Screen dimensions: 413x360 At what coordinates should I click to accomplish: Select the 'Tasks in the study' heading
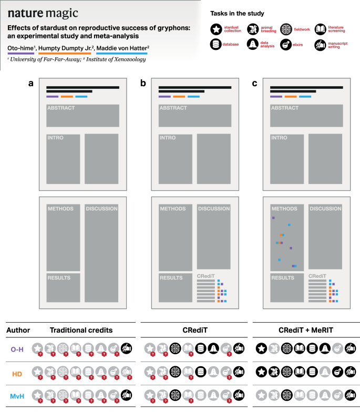pyautogui.click(x=237, y=13)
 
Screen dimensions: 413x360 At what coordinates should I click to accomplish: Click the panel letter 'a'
pyautogui.click(x=32, y=84)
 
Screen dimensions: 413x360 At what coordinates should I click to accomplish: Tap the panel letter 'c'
pyautogui.click(x=255, y=84)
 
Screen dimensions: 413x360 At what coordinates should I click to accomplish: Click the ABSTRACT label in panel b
pyautogui.click(x=173, y=108)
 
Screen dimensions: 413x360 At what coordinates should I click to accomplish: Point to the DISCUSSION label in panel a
pyautogui.click(x=102, y=209)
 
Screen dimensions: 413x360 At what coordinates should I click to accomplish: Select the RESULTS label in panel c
pyautogui.click(x=283, y=277)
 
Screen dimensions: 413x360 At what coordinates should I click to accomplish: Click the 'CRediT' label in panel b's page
pyautogui.click(x=205, y=276)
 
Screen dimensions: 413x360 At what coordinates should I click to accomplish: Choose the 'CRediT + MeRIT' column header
pyautogui.click(x=306, y=331)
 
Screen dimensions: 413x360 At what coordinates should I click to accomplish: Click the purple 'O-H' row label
pyautogui.click(x=17, y=348)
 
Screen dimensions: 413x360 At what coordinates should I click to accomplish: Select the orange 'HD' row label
pyautogui.click(x=17, y=371)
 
